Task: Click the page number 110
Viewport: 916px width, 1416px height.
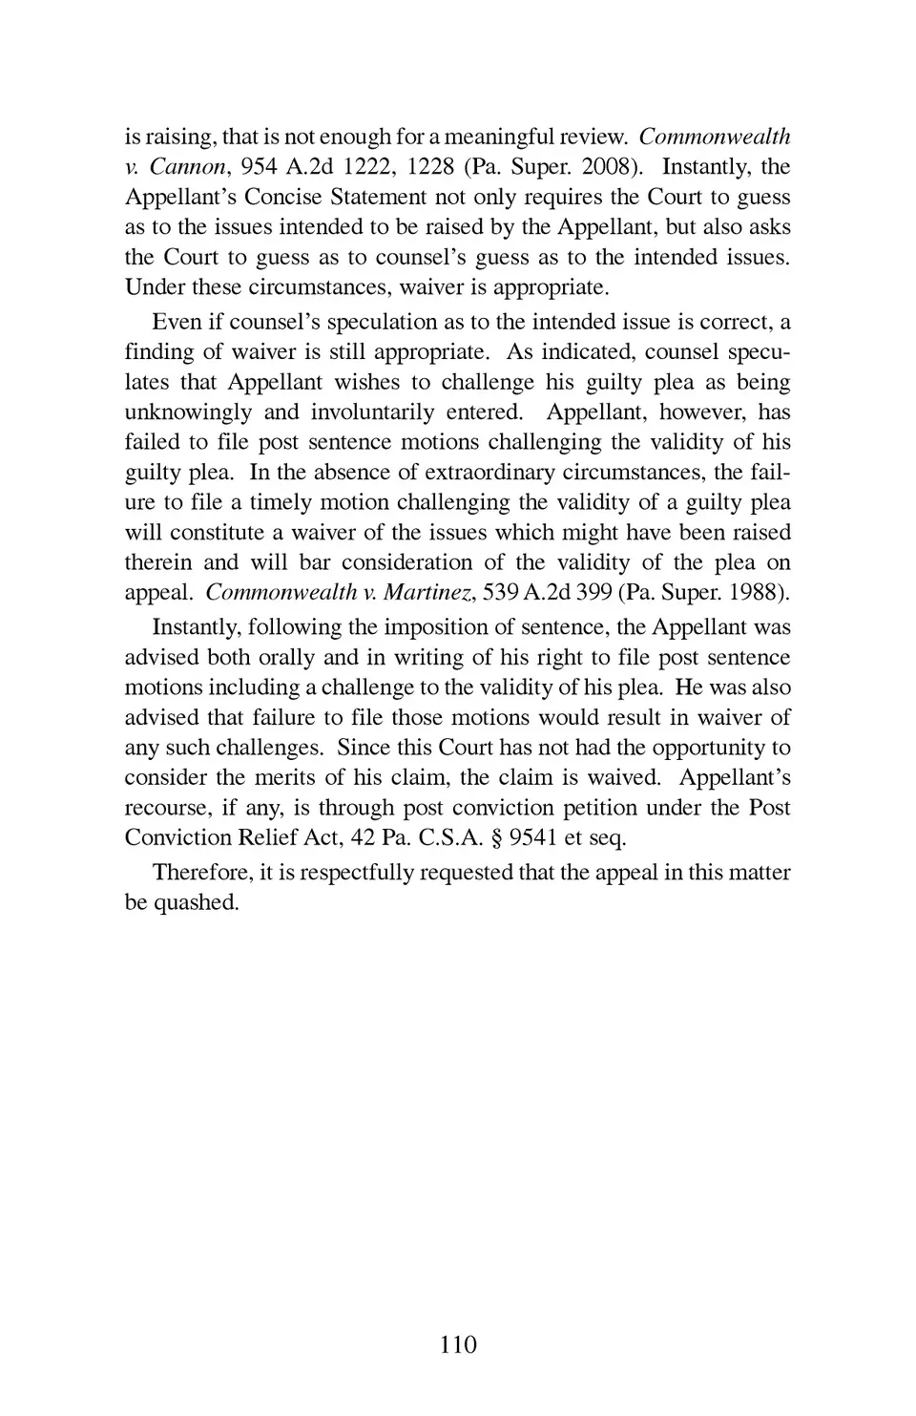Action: click(458, 1344)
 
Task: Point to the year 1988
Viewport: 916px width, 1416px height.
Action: click(758, 592)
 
